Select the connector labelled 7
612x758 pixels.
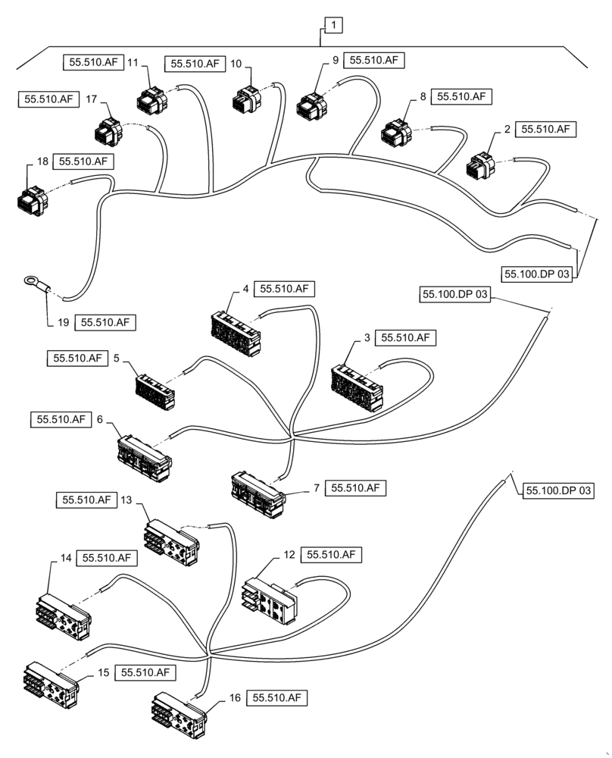pyautogui.click(x=258, y=493)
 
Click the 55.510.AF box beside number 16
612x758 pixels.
pyautogui.click(x=279, y=698)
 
